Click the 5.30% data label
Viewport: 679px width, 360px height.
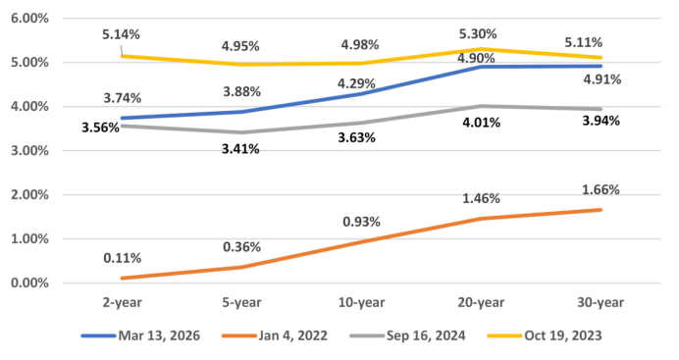coord(478,33)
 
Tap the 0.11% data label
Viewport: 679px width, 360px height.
coord(122,258)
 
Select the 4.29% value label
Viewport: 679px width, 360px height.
coord(356,83)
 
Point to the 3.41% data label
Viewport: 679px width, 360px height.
coord(240,149)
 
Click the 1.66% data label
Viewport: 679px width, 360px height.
coord(601,189)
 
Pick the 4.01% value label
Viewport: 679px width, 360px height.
coord(481,123)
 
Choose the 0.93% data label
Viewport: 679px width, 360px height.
coord(362,222)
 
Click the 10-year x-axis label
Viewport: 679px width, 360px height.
coord(362,302)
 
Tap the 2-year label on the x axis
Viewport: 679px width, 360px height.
coord(122,302)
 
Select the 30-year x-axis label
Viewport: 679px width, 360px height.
coord(601,302)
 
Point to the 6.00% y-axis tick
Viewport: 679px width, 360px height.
coord(29,19)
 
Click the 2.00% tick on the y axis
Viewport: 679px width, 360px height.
coord(29,194)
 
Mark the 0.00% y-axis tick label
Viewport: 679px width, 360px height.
coord(29,283)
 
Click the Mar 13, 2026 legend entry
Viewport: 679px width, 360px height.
coord(140,335)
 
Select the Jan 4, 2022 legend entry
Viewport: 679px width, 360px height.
coord(275,335)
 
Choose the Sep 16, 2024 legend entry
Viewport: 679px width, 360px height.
coord(407,335)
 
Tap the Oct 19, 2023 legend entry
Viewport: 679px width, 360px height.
coord(545,335)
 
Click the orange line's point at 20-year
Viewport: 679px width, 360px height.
coord(481,219)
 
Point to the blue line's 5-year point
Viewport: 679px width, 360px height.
coord(241,112)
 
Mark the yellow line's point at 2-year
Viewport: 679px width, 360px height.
coord(122,56)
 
